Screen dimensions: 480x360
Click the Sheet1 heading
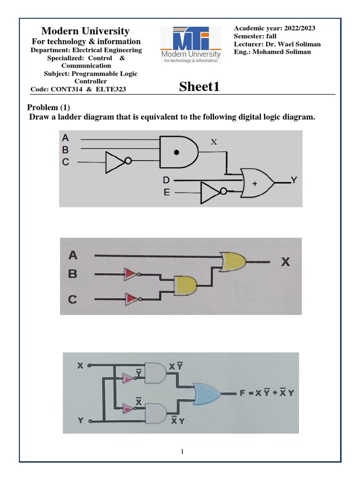199,87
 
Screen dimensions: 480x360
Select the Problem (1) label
48,107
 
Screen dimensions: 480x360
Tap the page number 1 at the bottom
182,452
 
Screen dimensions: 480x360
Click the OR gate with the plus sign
257,183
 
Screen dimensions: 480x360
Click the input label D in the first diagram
166,180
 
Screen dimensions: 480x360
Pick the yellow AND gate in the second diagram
186,285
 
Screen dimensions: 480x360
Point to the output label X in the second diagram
285,262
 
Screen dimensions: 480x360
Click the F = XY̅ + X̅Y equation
267,394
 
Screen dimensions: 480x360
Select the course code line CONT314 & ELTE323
78,89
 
